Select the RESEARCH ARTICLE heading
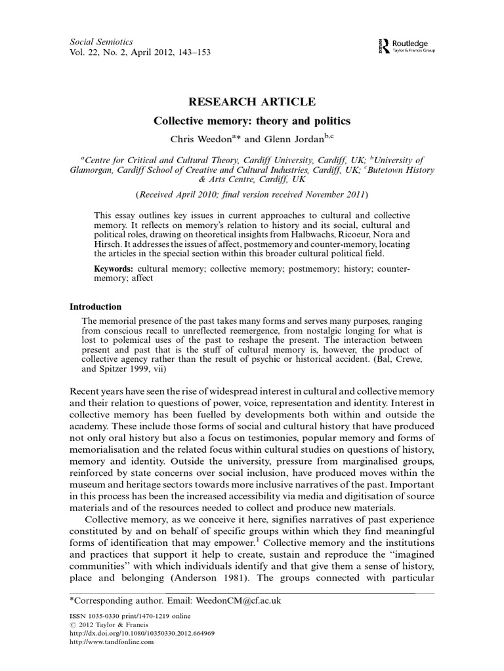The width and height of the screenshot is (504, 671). [252, 102]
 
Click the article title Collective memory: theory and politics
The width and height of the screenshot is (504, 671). [252, 121]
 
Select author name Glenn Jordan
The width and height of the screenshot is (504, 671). [291, 138]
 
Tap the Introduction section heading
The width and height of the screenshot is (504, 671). [96, 307]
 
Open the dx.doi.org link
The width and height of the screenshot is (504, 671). [142, 634]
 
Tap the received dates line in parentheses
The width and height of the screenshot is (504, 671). [252, 195]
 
